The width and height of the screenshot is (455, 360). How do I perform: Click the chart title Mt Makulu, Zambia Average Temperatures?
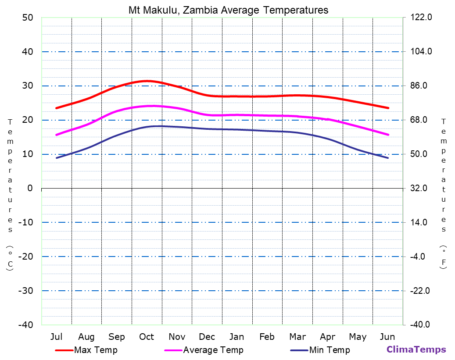(228, 10)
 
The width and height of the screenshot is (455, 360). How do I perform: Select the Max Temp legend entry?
(96, 350)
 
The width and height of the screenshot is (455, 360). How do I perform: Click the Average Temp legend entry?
(213, 350)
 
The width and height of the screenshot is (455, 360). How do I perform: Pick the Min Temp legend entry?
(329, 350)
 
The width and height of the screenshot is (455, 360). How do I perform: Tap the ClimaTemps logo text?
(416, 349)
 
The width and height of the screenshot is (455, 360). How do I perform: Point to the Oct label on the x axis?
(147, 337)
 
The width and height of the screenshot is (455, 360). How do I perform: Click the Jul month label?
(56, 337)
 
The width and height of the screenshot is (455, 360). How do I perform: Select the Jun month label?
(387, 337)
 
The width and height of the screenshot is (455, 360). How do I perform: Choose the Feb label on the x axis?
(267, 337)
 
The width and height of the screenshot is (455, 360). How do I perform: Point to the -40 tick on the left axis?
(25, 324)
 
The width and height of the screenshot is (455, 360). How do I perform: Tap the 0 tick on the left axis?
(30, 188)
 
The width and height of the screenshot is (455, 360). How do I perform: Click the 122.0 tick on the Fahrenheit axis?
(421, 18)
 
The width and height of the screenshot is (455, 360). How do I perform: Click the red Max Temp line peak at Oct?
(147, 81)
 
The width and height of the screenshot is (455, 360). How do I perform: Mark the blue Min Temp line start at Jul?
(57, 158)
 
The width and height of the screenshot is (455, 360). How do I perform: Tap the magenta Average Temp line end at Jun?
(388, 135)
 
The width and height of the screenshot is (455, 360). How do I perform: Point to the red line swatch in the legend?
(64, 350)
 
